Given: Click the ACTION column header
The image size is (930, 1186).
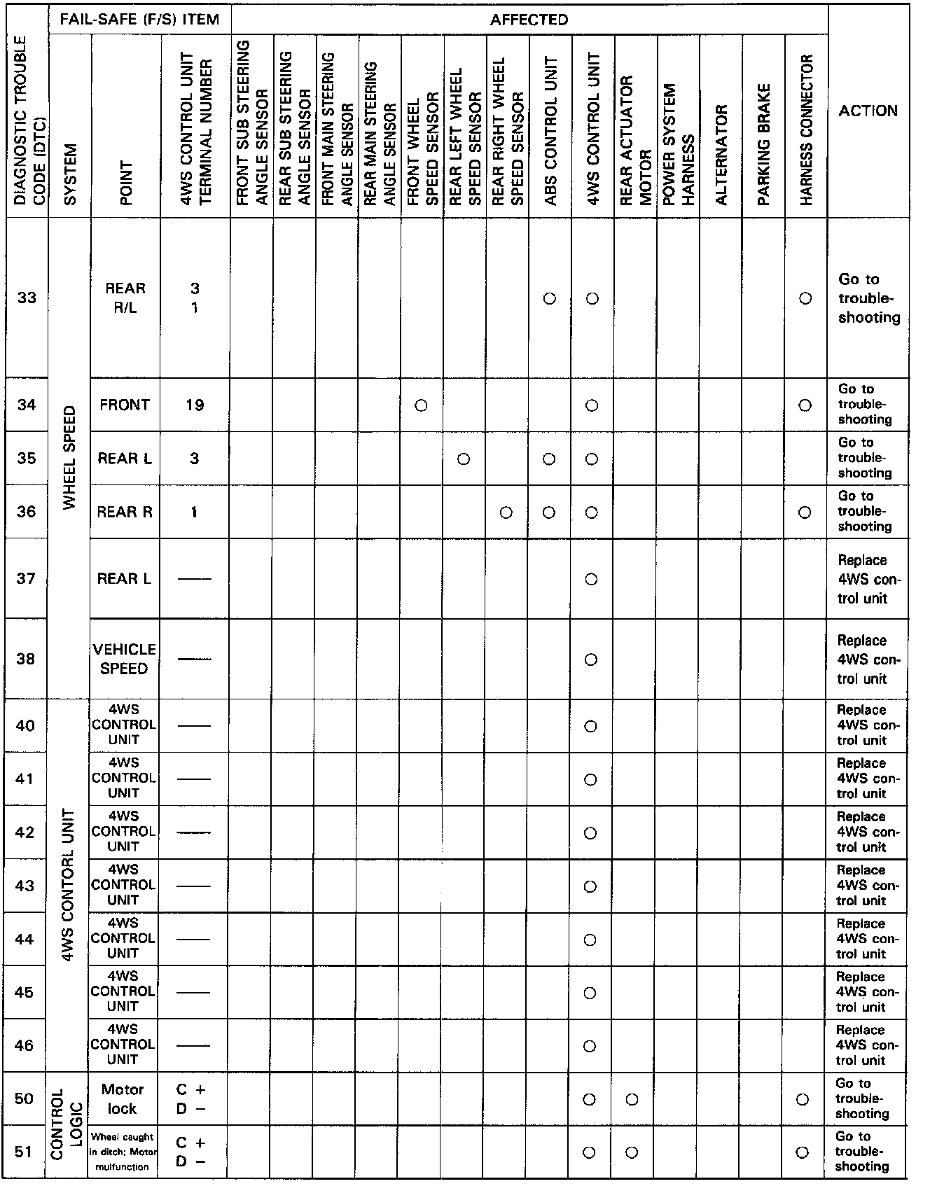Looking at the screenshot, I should point(868,111).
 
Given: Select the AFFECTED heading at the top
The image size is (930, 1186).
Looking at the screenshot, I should point(529,20).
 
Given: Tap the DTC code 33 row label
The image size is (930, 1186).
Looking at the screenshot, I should point(27,298).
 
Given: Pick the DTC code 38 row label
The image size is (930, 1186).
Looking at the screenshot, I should point(26,659).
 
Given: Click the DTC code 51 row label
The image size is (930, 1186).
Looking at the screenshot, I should point(24,1151).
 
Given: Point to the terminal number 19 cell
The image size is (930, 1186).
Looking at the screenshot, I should point(195,405).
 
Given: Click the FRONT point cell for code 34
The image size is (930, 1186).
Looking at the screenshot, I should point(125,405).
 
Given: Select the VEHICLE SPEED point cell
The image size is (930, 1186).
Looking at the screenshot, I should point(124,659).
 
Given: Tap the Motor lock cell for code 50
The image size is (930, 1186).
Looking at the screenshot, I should point(123,1098).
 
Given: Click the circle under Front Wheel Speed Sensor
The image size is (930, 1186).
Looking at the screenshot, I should point(421,405).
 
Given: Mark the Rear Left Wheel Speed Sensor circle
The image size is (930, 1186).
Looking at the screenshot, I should point(463,459).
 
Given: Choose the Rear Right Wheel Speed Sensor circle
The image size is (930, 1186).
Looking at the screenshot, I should point(506,512).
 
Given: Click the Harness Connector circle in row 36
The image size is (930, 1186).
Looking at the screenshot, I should point(805,512).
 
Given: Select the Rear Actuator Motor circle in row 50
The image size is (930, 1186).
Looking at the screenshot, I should point(632,1099).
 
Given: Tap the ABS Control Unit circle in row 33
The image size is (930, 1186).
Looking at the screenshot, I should point(550,299).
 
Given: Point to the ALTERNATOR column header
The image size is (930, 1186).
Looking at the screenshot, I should point(721,154).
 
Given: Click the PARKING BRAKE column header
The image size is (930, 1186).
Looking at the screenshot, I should point(763,144).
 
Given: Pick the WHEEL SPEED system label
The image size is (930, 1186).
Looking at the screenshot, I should point(69,458).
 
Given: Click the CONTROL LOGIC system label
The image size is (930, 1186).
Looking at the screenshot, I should point(67,1124).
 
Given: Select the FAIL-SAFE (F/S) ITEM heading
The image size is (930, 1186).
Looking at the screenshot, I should point(139,20).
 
